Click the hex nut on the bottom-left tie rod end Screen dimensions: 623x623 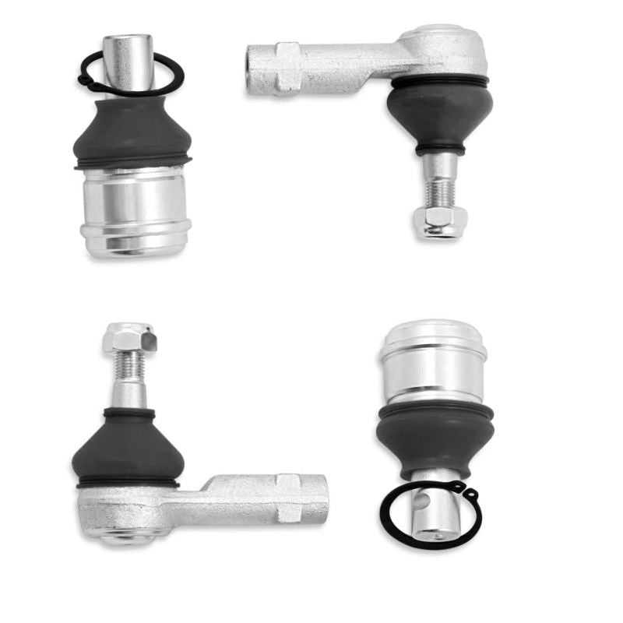(x=129, y=336)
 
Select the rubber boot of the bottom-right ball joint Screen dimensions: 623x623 (x=434, y=436)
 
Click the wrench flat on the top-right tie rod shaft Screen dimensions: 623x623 (x=288, y=68)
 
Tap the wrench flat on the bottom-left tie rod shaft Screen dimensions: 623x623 (x=289, y=498)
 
